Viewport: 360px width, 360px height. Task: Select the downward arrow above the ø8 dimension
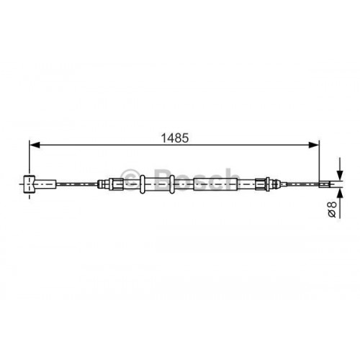(338, 173)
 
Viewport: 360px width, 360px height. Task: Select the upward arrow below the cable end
(338, 197)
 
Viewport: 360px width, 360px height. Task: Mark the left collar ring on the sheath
(143, 184)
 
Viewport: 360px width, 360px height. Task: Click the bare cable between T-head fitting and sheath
(76, 185)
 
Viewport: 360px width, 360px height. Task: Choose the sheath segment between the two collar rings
(158, 184)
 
